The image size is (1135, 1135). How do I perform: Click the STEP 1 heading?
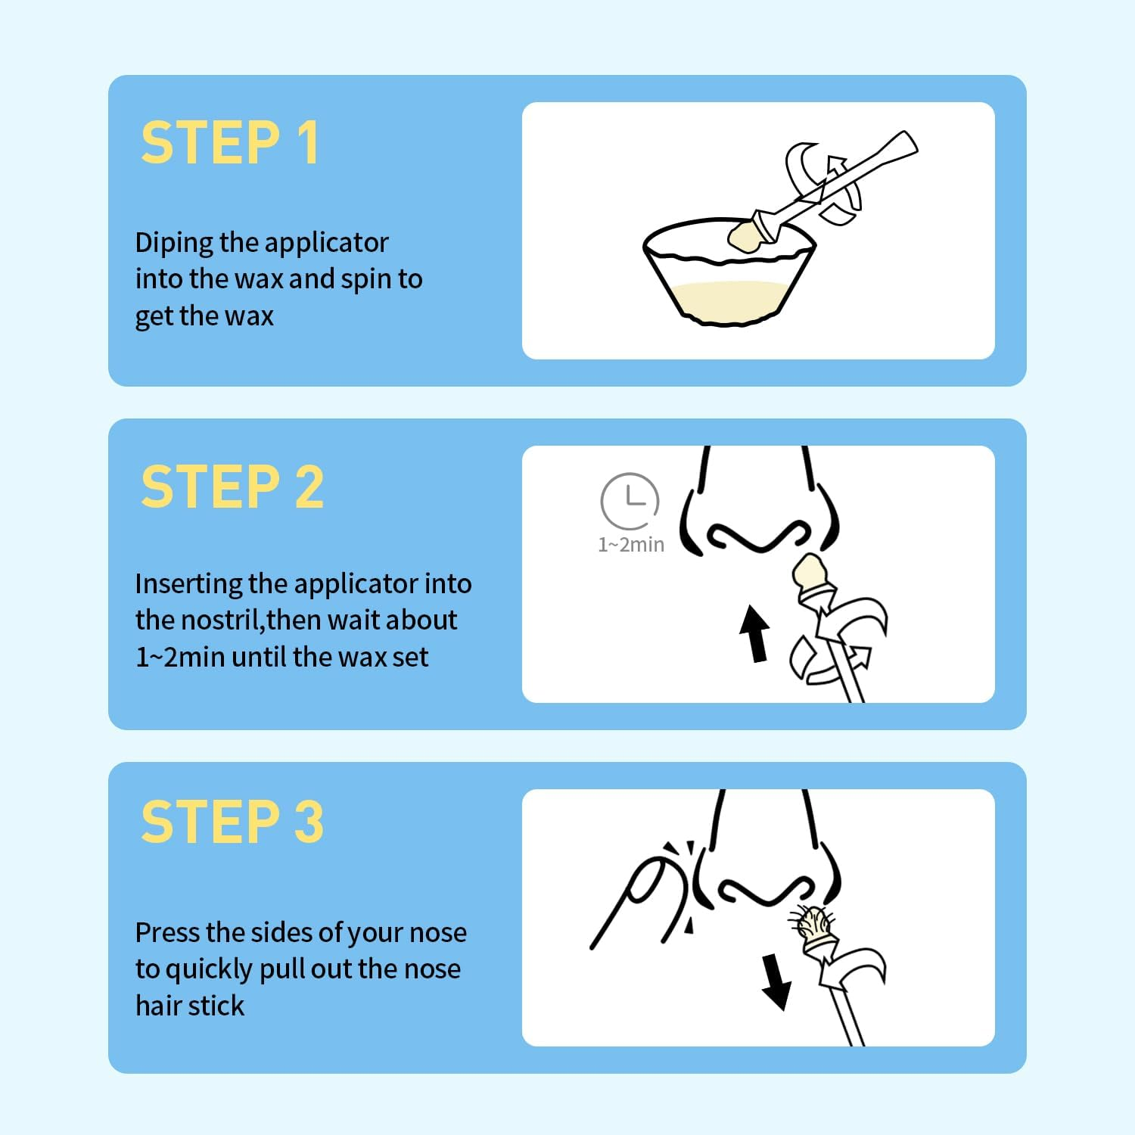[x=229, y=142]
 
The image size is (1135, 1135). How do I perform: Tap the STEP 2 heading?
[x=232, y=487]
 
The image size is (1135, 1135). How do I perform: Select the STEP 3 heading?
[x=232, y=822]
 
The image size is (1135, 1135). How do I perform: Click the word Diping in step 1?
[x=174, y=244]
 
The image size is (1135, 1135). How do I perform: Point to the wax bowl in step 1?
[x=729, y=272]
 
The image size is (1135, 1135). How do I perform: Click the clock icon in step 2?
[x=630, y=500]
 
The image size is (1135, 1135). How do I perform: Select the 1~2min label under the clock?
[x=631, y=545]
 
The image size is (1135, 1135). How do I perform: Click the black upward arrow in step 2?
[x=755, y=633]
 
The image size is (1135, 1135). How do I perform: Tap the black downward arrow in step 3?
[x=776, y=982]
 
